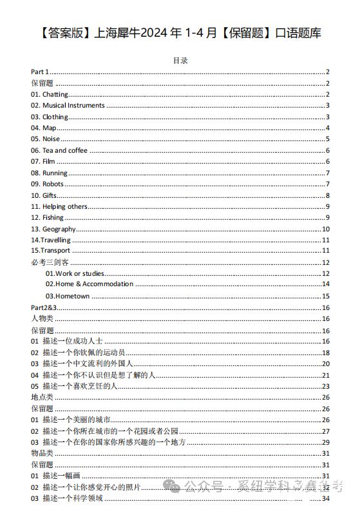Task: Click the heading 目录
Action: [x=180, y=61]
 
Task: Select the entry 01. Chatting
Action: [x=50, y=95]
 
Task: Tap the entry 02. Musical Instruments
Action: [x=68, y=106]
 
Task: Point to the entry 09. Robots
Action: [x=48, y=184]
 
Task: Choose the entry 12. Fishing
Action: [x=48, y=218]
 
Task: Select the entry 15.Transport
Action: [x=51, y=251]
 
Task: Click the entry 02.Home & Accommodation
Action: [x=89, y=284]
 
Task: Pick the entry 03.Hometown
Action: [x=67, y=296]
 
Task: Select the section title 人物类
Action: [x=42, y=318]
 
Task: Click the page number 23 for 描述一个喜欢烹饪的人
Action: [x=325, y=386]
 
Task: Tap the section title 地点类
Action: [x=42, y=397]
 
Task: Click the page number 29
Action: [x=325, y=442]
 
